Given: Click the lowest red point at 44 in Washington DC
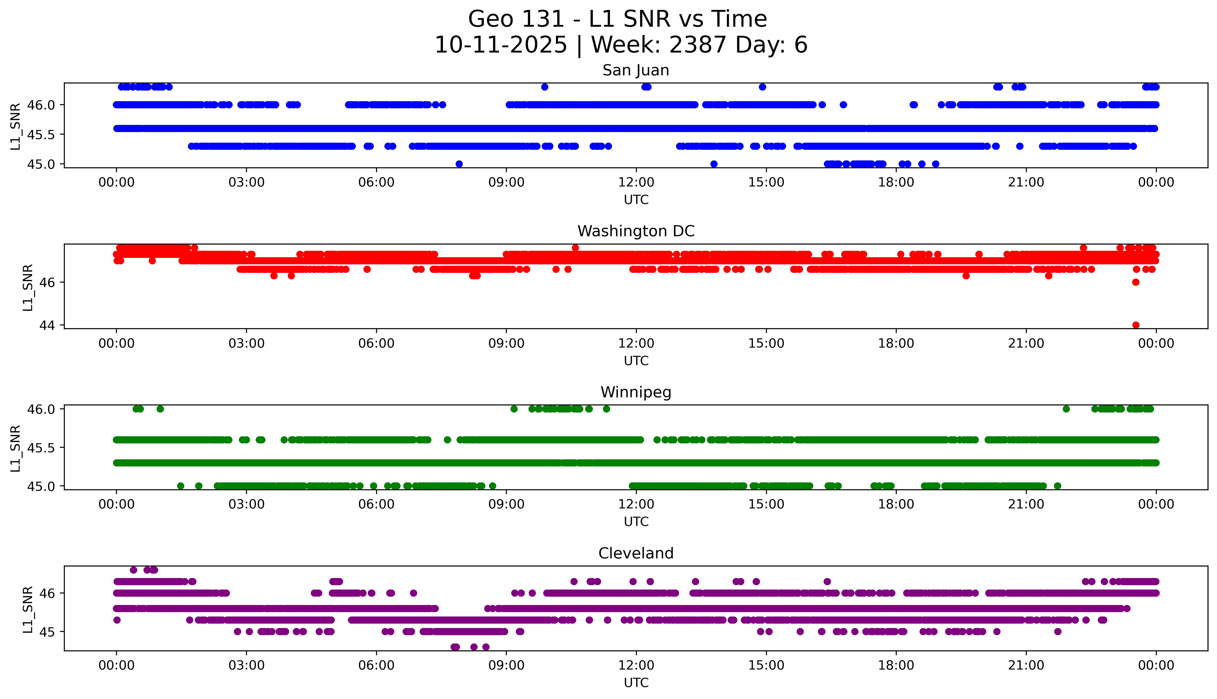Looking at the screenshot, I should coord(1135,325).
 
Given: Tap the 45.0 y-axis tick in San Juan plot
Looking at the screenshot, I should coord(41,164).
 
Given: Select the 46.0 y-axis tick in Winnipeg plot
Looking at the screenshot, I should coord(41,409).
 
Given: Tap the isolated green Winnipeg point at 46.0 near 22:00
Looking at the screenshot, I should coord(1066,409).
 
